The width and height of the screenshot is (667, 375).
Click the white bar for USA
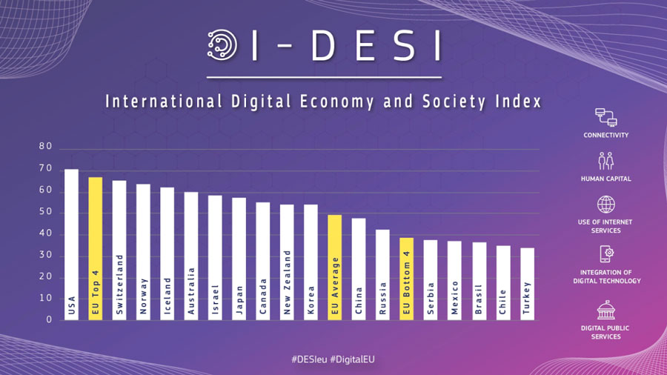[71, 245]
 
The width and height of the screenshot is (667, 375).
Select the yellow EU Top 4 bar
[96, 248]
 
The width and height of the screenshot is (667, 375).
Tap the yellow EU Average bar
[334, 267]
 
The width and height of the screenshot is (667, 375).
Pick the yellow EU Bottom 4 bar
[406, 279]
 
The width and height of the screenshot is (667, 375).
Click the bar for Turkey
[527, 284]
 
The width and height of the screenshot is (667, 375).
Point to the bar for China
[359, 268]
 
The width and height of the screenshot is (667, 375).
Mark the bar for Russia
[382, 274]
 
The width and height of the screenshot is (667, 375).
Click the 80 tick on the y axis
[46, 147]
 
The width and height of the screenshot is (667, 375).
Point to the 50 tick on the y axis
[46, 212]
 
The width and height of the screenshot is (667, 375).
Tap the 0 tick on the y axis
[49, 320]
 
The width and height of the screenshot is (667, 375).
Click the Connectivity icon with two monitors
[605, 118]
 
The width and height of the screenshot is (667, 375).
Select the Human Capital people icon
[605, 161]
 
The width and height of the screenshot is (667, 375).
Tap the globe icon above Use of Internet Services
[605, 205]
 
